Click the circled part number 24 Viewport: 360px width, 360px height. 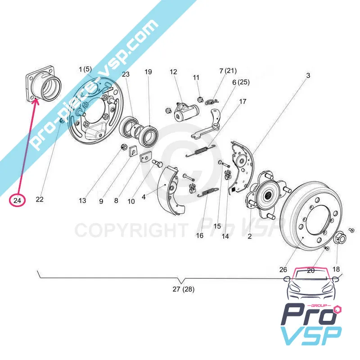click(18, 200)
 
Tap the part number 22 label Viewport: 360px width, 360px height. click(40, 200)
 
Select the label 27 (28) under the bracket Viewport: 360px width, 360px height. click(184, 289)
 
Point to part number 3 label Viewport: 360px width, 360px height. click(308, 76)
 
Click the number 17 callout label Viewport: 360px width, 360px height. click(243, 102)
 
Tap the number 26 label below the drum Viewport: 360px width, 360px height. click(283, 270)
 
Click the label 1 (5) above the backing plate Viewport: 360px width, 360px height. click(85, 69)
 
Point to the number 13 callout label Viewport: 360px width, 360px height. click(82, 201)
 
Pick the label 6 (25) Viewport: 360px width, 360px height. click(241, 82)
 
